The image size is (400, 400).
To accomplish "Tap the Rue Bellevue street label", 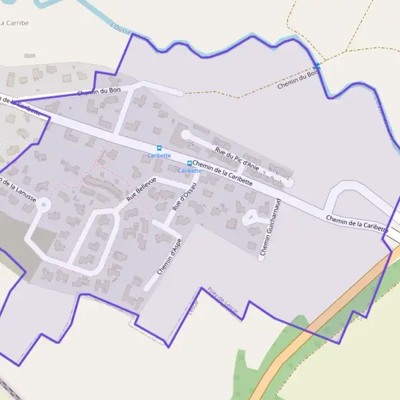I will (141, 189).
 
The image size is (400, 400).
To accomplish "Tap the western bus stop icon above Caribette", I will (159, 148).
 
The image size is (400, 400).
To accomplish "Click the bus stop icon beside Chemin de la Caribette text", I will (189, 163).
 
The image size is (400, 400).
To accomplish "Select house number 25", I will (191, 144).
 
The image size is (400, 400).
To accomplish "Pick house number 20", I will (215, 143).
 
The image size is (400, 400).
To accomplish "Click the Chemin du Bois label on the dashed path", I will (297, 81).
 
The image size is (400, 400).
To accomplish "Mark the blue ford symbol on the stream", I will (317, 66).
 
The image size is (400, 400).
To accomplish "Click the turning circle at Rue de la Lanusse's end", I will (43, 204).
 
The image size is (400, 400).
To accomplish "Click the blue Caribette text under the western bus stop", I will (159, 155).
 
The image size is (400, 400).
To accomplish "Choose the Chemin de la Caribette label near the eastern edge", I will (357, 223).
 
